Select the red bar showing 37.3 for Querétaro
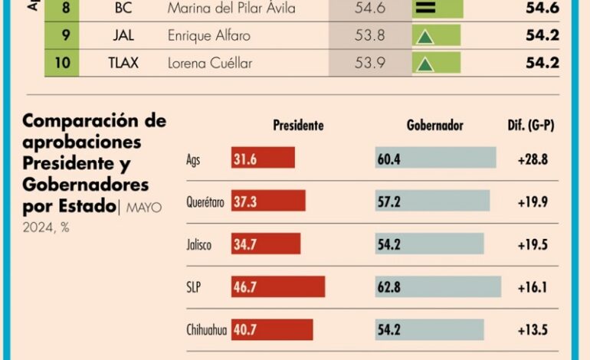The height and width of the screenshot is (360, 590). pos(268,201)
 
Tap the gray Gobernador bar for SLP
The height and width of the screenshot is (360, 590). pos(438,287)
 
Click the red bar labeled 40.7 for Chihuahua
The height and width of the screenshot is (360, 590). pos(272,330)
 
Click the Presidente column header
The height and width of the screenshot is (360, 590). pos(298,126)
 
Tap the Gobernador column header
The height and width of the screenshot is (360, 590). pos(434,126)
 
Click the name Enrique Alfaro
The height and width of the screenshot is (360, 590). pos(208,36)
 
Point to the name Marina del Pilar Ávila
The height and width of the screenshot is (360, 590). pos(231,9)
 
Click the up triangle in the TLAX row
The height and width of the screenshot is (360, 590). pos(424,64)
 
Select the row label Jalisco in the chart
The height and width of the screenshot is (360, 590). pos(198,244)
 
